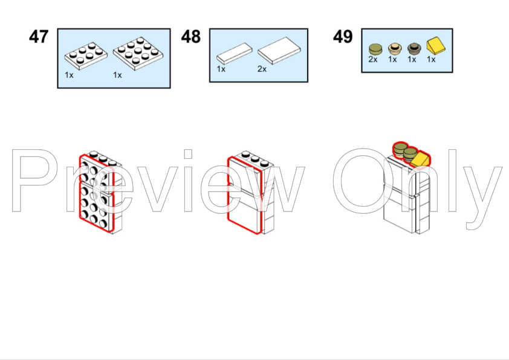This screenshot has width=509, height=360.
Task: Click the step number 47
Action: (39, 37)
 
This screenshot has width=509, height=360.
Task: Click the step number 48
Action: (191, 37)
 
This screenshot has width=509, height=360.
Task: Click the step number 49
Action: (343, 37)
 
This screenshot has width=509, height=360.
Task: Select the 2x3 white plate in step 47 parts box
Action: (86, 56)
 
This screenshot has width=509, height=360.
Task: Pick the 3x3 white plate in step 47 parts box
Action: (138, 53)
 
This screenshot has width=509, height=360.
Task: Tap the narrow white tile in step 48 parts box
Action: (235, 54)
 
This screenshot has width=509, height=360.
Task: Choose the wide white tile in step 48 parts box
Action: (279, 50)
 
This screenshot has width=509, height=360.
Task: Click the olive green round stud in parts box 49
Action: (375, 50)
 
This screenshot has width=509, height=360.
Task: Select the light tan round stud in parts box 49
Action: (395, 49)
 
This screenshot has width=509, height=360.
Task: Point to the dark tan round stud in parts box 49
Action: (414, 49)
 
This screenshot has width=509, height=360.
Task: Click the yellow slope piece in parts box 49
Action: (436, 46)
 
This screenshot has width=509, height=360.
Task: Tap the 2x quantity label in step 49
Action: (373, 59)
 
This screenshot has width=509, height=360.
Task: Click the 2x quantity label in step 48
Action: (262, 69)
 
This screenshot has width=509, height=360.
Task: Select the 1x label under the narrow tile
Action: (221, 69)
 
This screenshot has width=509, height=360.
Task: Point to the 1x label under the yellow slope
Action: (431, 59)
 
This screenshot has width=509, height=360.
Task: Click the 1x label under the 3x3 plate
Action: (117, 76)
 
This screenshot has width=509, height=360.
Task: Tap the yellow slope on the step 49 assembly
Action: (421, 159)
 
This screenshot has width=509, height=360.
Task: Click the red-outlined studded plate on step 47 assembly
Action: (96, 194)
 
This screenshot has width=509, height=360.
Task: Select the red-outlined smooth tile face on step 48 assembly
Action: (244, 195)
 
